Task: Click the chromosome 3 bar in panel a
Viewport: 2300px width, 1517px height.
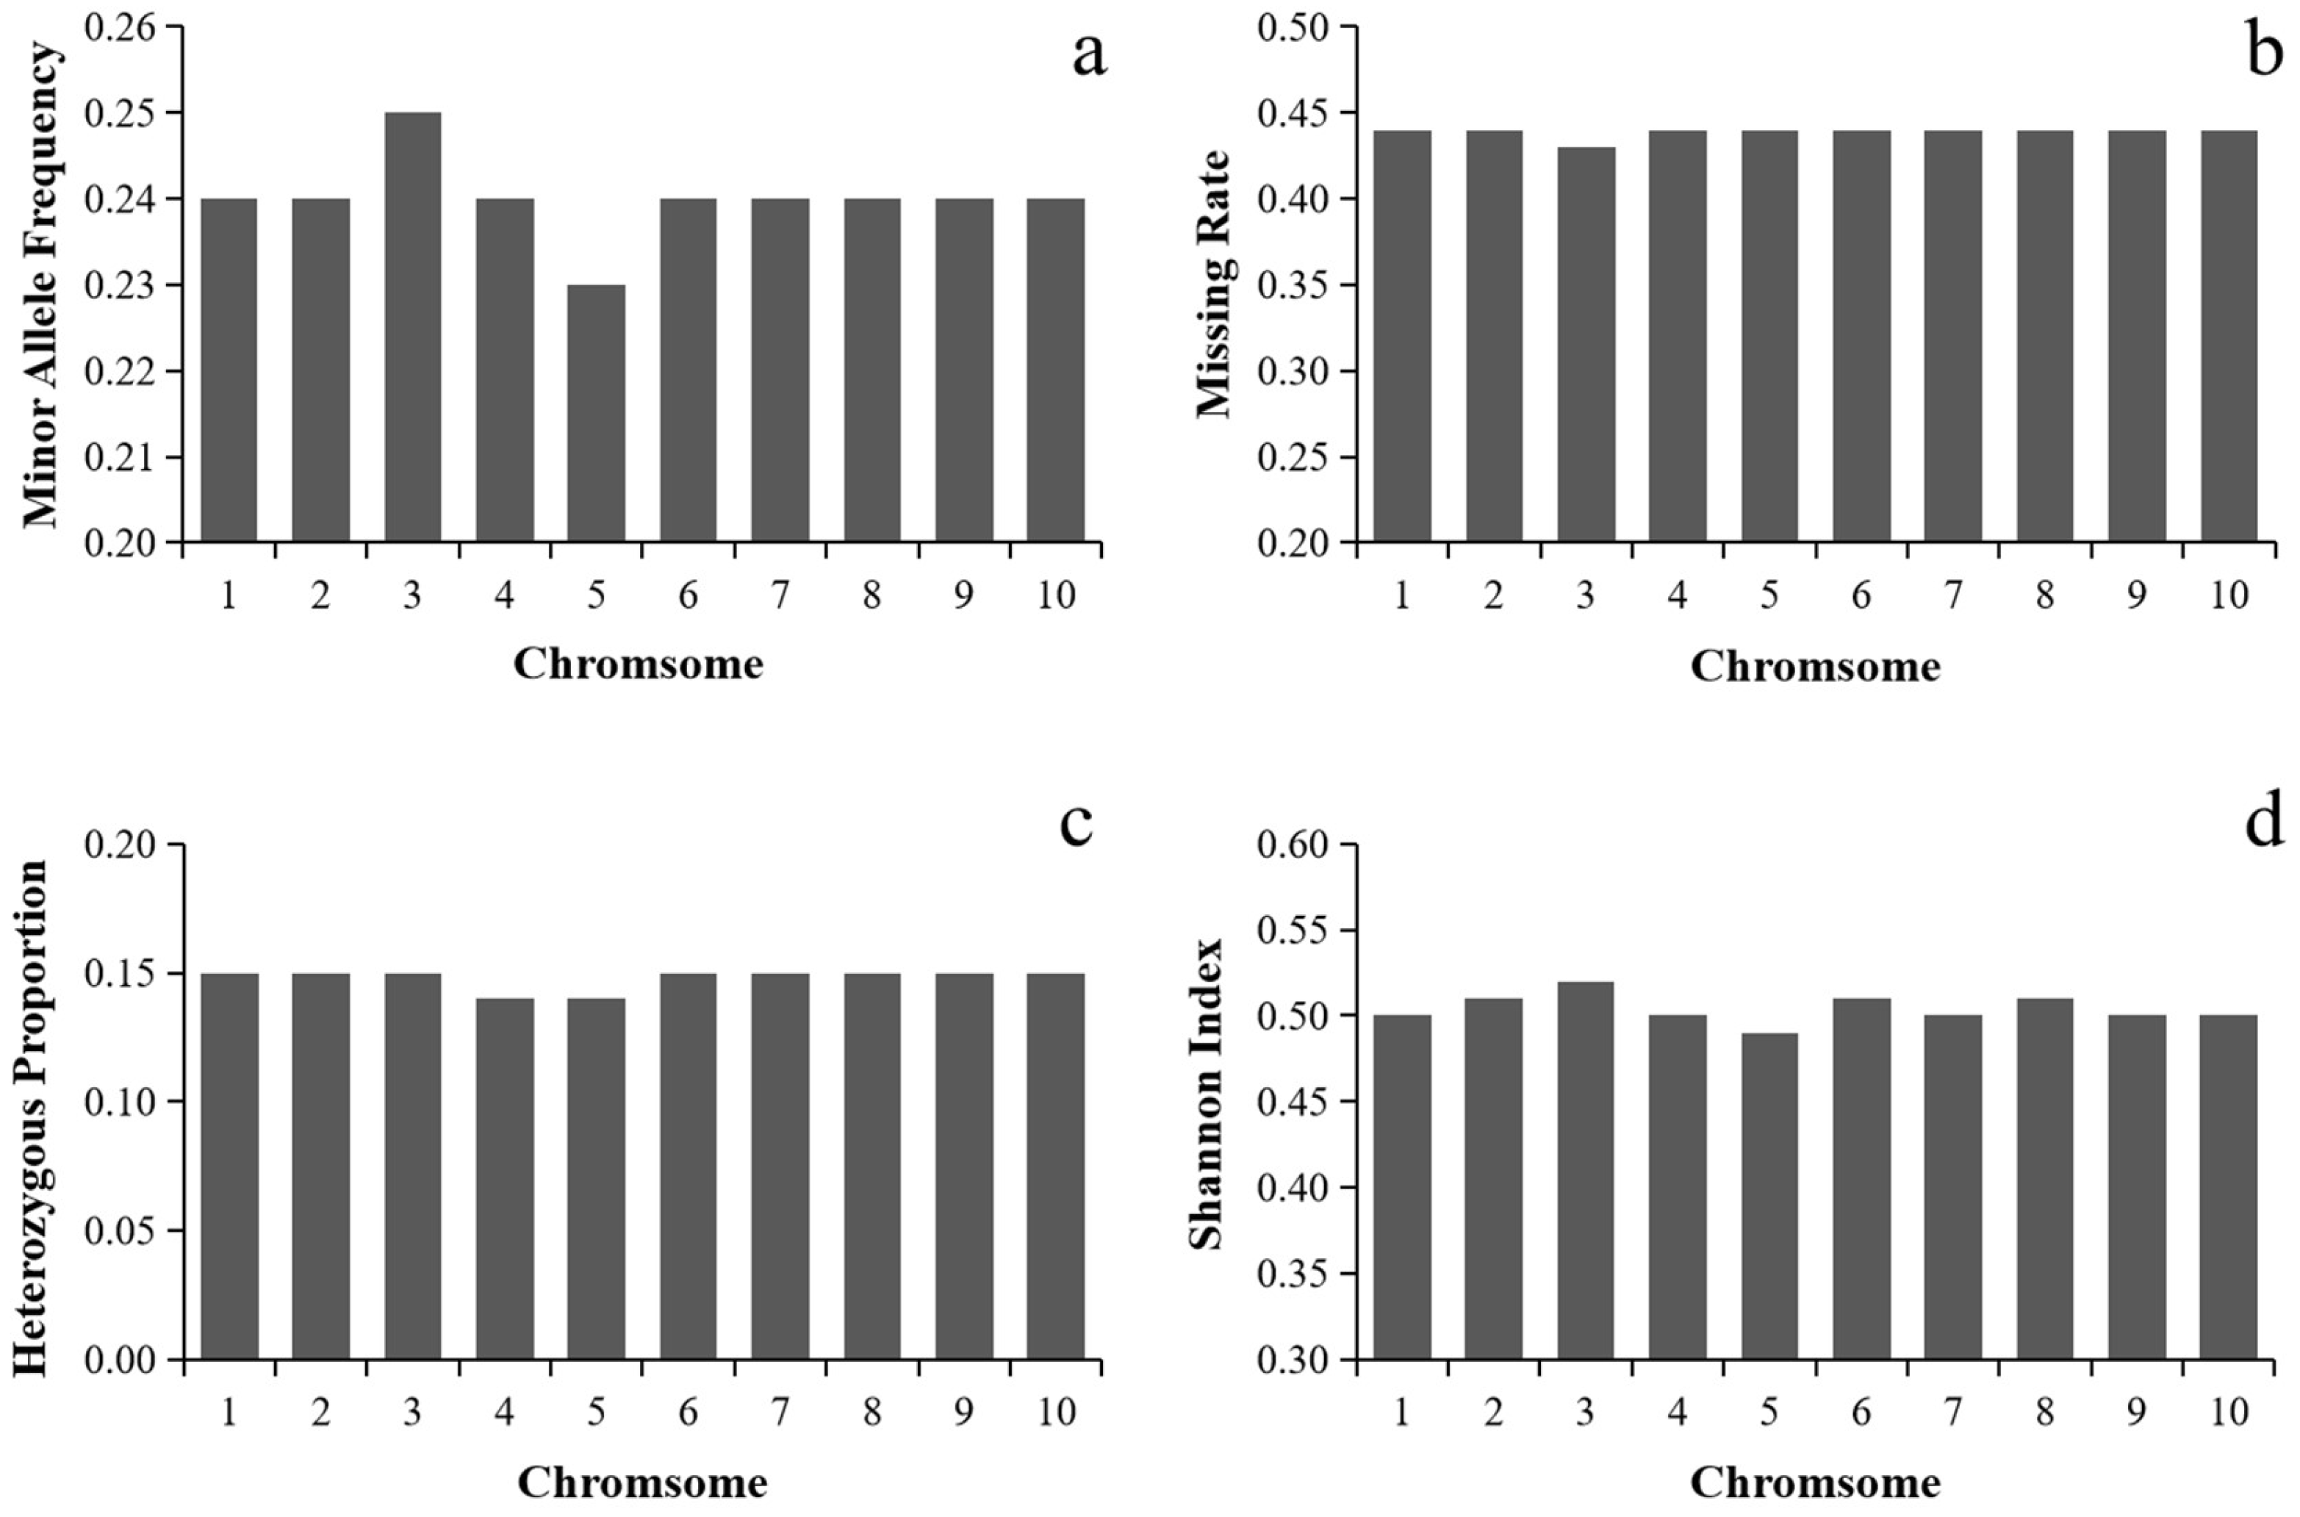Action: click(x=413, y=327)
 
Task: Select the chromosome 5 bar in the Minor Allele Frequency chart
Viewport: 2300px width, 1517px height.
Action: click(x=596, y=413)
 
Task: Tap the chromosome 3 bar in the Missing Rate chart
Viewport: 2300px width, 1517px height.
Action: click(x=1585, y=345)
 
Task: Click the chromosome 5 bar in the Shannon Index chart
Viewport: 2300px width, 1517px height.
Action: click(x=1769, y=1196)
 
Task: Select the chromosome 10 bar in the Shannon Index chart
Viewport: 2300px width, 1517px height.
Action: click(x=2229, y=1187)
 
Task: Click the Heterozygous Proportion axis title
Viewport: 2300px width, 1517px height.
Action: click(x=31, y=1103)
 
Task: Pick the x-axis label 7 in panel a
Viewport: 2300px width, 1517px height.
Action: click(x=780, y=595)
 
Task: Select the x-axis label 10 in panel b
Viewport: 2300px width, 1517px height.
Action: click(x=2229, y=595)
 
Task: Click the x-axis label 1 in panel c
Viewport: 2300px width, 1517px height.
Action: click(x=229, y=1413)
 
